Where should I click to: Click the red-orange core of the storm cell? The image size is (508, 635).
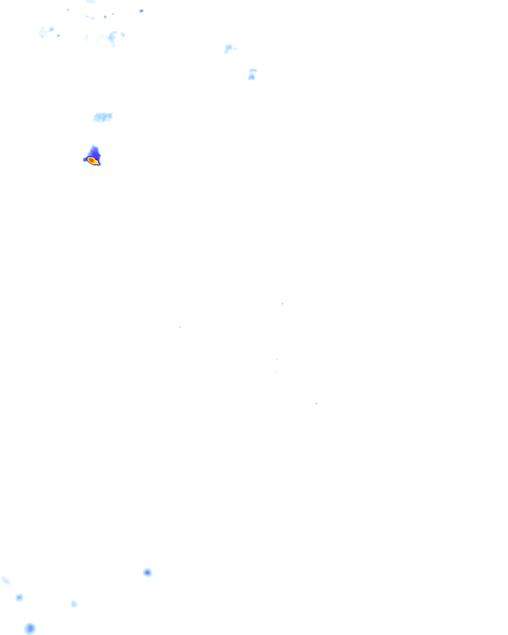(x=91, y=160)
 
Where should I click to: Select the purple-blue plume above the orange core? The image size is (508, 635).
(x=94, y=152)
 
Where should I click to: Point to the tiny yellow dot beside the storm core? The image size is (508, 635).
(x=85, y=160)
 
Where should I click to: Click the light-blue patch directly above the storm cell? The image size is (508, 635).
(x=103, y=117)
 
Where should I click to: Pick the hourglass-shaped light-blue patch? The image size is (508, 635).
(x=252, y=74)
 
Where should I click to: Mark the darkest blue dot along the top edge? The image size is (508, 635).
(x=141, y=11)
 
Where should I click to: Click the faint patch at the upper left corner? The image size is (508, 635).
(x=46, y=32)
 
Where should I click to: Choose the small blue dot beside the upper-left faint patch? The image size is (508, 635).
(x=59, y=36)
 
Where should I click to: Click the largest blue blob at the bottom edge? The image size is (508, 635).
(x=30, y=629)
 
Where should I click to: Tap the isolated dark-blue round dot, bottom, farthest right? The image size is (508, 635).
(x=147, y=572)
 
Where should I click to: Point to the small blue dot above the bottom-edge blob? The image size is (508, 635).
(x=19, y=597)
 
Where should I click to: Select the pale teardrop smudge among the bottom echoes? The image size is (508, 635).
(x=74, y=604)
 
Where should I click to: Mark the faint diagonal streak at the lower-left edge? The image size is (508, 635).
(x=5, y=580)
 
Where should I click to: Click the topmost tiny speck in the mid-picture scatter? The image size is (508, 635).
(x=282, y=303)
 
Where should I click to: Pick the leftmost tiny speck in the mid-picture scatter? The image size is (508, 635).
(x=180, y=327)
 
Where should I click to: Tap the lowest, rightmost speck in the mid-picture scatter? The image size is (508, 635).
(x=316, y=403)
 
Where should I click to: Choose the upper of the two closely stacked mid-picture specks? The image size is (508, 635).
(x=276, y=359)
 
